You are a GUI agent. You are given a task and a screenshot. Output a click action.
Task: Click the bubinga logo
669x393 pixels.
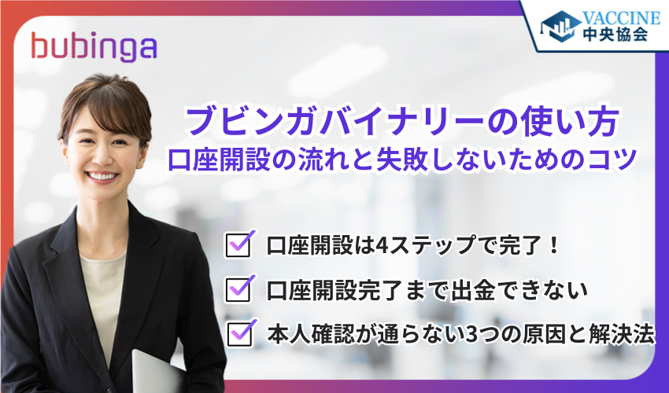93,46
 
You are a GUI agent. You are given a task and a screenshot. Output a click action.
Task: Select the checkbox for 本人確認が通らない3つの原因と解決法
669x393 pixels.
238,333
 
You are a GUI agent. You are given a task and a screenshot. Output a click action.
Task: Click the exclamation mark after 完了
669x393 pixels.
552,246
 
